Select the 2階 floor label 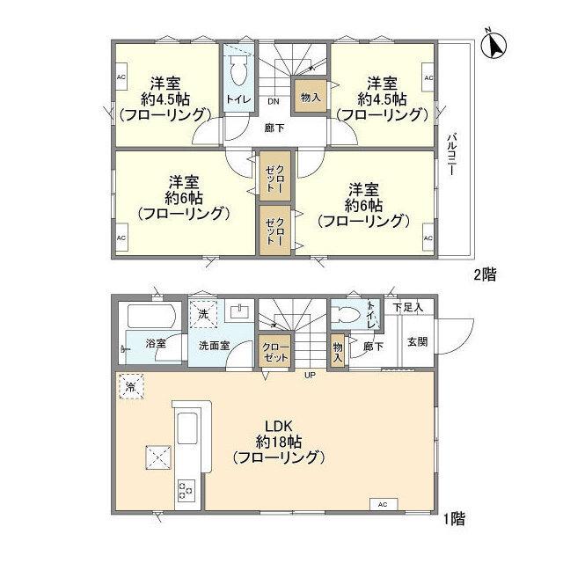click(485, 274)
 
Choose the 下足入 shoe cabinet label click(408, 308)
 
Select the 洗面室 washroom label click(214, 346)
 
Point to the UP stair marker click(310, 377)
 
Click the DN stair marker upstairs click(274, 101)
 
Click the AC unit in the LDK click(382, 504)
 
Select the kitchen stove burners click(187, 488)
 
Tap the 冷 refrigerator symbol click(130, 387)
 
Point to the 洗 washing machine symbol click(202, 313)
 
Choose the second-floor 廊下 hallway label click(274, 128)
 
